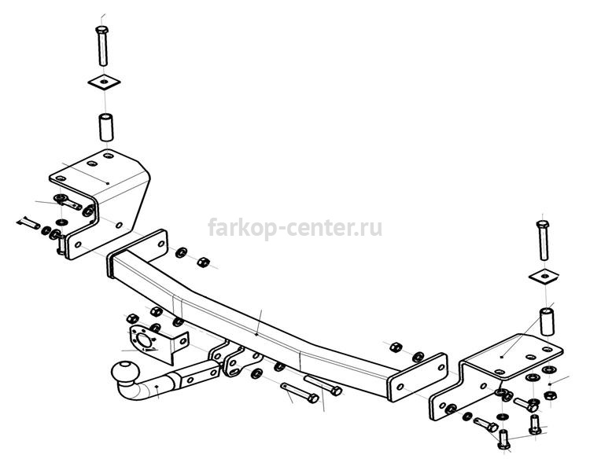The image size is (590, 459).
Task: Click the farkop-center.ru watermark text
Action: coord(295,228)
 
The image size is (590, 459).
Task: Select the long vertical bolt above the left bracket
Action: coord(102,46)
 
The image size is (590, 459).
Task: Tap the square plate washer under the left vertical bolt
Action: coord(104,82)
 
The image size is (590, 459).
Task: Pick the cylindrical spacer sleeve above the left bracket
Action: coord(106,127)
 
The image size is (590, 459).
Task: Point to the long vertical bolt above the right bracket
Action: coord(543,241)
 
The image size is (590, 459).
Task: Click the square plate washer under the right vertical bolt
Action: coord(544,277)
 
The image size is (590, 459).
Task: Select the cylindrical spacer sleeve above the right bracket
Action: coord(547,321)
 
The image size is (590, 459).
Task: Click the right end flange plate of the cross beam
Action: coord(418,377)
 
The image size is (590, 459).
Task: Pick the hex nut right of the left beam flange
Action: coord(203,262)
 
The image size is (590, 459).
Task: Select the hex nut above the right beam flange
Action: coord(395,347)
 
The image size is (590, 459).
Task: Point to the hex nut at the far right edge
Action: coord(551,395)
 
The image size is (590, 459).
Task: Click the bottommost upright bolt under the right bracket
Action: coord(503,439)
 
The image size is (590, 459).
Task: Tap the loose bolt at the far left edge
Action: coord(28,223)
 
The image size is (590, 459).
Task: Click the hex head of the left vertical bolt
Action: coord(102,30)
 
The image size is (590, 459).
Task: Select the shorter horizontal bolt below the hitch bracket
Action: coord(300,393)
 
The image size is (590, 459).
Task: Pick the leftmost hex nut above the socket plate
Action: coord(132,318)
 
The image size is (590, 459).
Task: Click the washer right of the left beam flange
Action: coord(182,252)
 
